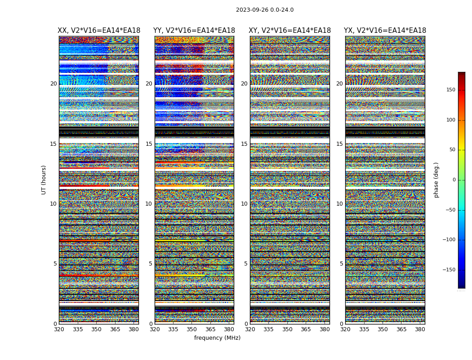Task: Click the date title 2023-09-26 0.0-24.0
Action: pyautogui.click(x=264, y=10)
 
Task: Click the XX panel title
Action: pyautogui.click(x=99, y=31)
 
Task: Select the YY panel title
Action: pyautogui.click(x=194, y=31)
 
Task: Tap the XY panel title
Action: pyautogui.click(x=289, y=31)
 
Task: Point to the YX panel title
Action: pyautogui.click(x=385, y=31)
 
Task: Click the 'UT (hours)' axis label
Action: pyautogui.click(x=44, y=180)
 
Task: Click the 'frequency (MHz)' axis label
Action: pyautogui.click(x=217, y=338)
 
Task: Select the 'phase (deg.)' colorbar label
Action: pyautogui.click(x=436, y=180)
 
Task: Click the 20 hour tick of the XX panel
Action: pyautogui.click(x=53, y=84)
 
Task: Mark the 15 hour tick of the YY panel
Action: pyautogui.click(x=149, y=144)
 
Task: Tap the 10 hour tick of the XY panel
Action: pyautogui.click(x=244, y=204)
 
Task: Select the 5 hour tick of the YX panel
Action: pyautogui.click(x=341, y=264)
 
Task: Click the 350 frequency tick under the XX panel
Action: pyautogui.click(x=96, y=329)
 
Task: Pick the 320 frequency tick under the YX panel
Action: pyautogui.click(x=345, y=329)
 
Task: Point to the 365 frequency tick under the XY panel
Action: pyautogui.click(x=306, y=329)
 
